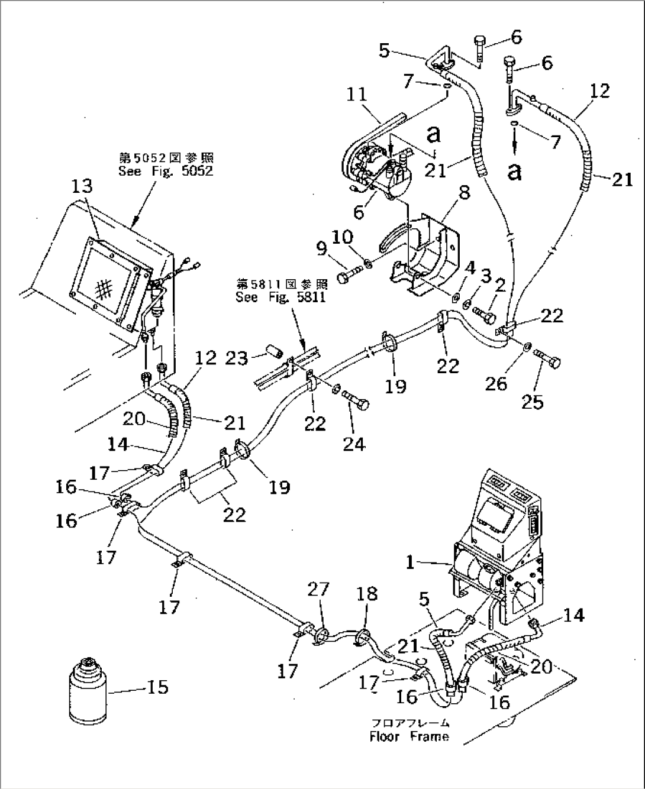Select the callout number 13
(x=82, y=187)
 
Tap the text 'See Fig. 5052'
(x=166, y=172)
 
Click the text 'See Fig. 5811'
(x=280, y=298)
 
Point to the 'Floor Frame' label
(x=409, y=736)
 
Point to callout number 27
(x=318, y=591)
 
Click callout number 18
(x=367, y=594)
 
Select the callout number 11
(x=357, y=95)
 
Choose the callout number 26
(x=496, y=383)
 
